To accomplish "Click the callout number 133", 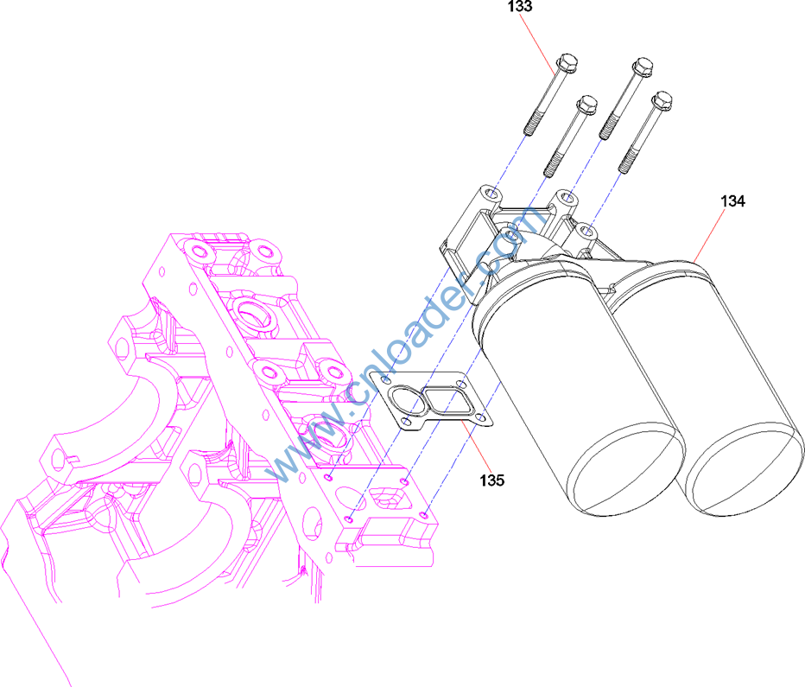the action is point(520,6).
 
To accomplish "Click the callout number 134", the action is point(732,201).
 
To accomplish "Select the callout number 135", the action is point(491,480).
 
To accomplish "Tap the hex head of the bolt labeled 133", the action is point(567,62).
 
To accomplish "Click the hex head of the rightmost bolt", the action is point(662,100).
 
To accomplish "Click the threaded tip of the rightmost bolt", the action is point(627,160).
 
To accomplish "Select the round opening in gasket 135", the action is point(406,402).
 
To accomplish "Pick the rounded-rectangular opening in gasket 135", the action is point(448,400).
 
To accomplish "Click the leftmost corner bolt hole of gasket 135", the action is point(386,380).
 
